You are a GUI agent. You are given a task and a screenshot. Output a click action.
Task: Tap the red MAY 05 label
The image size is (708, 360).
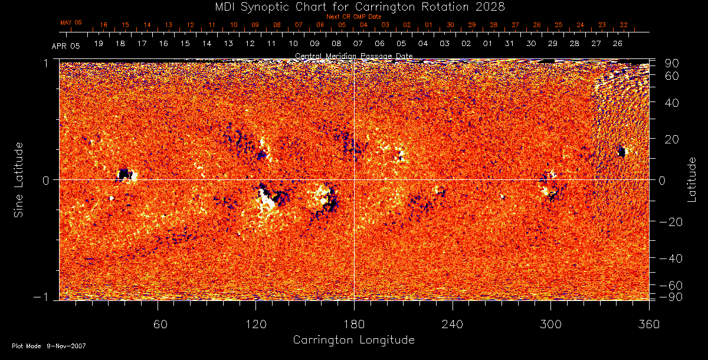coord(71,22)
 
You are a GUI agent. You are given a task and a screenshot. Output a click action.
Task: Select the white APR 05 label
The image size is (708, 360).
coord(65,45)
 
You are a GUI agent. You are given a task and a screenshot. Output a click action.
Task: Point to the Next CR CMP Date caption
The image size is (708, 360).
coord(354,17)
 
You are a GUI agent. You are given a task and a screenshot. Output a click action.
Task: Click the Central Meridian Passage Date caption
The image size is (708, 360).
coord(353,56)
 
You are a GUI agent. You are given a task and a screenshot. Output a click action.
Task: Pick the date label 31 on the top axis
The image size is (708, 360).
coord(509,44)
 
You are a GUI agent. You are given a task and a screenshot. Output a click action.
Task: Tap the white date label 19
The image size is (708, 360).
coord(99,44)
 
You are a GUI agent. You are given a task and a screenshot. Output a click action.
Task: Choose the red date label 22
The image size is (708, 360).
coord(624,25)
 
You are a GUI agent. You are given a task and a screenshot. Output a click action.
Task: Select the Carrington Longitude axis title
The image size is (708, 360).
coord(353,341)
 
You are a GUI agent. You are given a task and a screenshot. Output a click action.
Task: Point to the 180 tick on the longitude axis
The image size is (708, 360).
coord(354,324)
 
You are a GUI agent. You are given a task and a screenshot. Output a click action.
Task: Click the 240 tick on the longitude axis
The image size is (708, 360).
coord(453,324)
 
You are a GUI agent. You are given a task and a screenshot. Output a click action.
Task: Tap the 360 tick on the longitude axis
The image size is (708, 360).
coord(649,324)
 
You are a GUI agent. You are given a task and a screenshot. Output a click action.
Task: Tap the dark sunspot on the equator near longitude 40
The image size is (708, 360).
coord(124,174)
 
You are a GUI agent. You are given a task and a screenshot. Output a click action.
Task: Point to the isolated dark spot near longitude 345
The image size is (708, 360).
coord(621,152)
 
